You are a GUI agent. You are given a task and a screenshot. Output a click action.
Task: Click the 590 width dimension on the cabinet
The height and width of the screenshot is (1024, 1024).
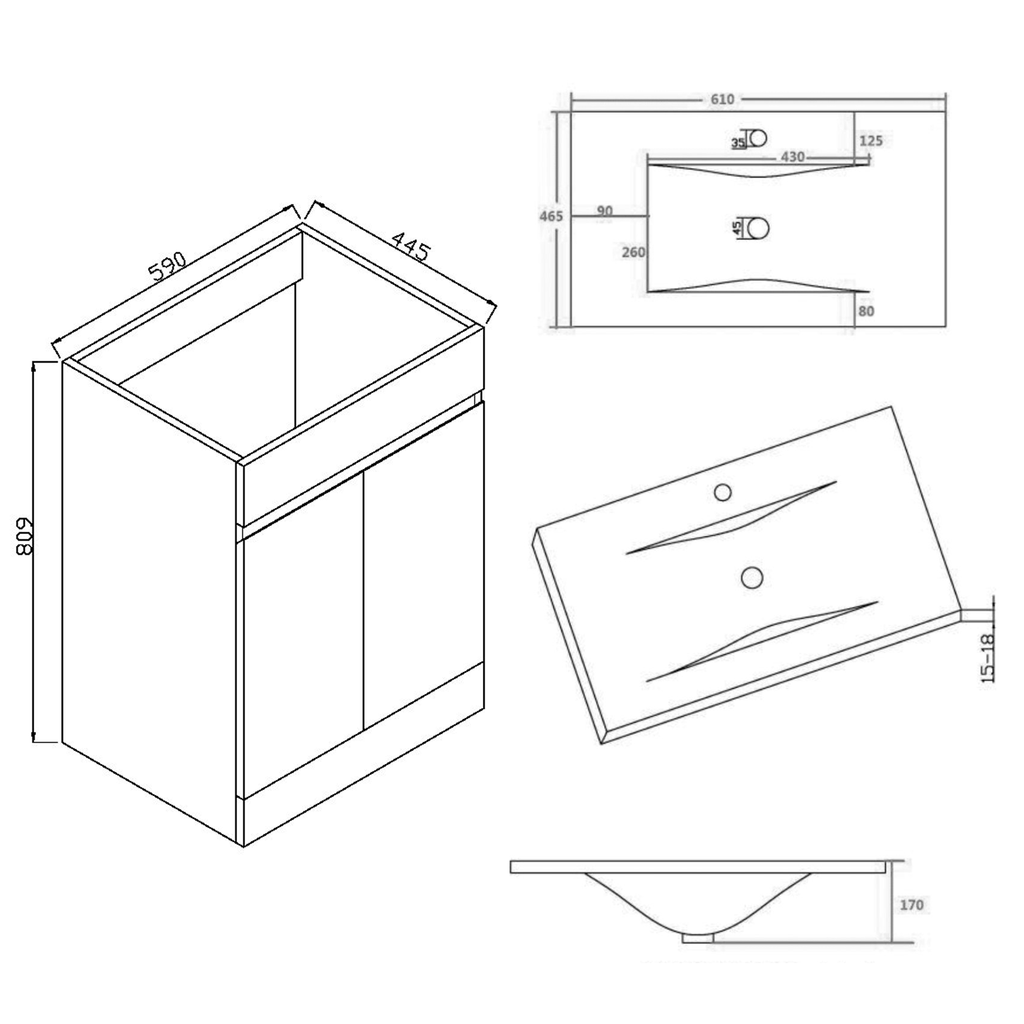coord(168,266)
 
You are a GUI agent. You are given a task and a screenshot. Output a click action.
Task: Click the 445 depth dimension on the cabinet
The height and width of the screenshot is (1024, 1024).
coord(410,245)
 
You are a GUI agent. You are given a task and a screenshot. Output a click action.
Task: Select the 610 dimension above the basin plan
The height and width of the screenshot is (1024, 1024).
coord(722,99)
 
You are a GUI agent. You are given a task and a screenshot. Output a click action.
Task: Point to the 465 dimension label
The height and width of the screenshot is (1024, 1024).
coord(551,216)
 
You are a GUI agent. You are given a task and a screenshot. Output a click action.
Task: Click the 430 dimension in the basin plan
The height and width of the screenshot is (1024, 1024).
coord(793,157)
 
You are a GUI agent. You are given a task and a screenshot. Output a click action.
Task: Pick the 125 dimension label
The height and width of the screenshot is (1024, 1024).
coord(871,141)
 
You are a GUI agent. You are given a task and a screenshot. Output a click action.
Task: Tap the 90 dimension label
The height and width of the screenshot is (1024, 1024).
coord(604,211)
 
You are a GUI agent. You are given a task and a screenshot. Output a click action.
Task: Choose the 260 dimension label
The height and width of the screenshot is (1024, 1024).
coord(633,252)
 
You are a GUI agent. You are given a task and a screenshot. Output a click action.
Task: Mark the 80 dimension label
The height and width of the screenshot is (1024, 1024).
coord(866,311)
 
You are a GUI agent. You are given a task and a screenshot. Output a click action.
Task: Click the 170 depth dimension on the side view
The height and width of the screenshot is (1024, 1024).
coord(911,905)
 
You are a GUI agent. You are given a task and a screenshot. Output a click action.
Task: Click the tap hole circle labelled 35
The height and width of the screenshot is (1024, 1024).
coord(759,138)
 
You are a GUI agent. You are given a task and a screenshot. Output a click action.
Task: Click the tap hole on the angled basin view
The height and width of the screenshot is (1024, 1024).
coord(722,493)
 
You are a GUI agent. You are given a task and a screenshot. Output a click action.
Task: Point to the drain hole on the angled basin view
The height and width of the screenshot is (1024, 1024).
coord(752,578)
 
